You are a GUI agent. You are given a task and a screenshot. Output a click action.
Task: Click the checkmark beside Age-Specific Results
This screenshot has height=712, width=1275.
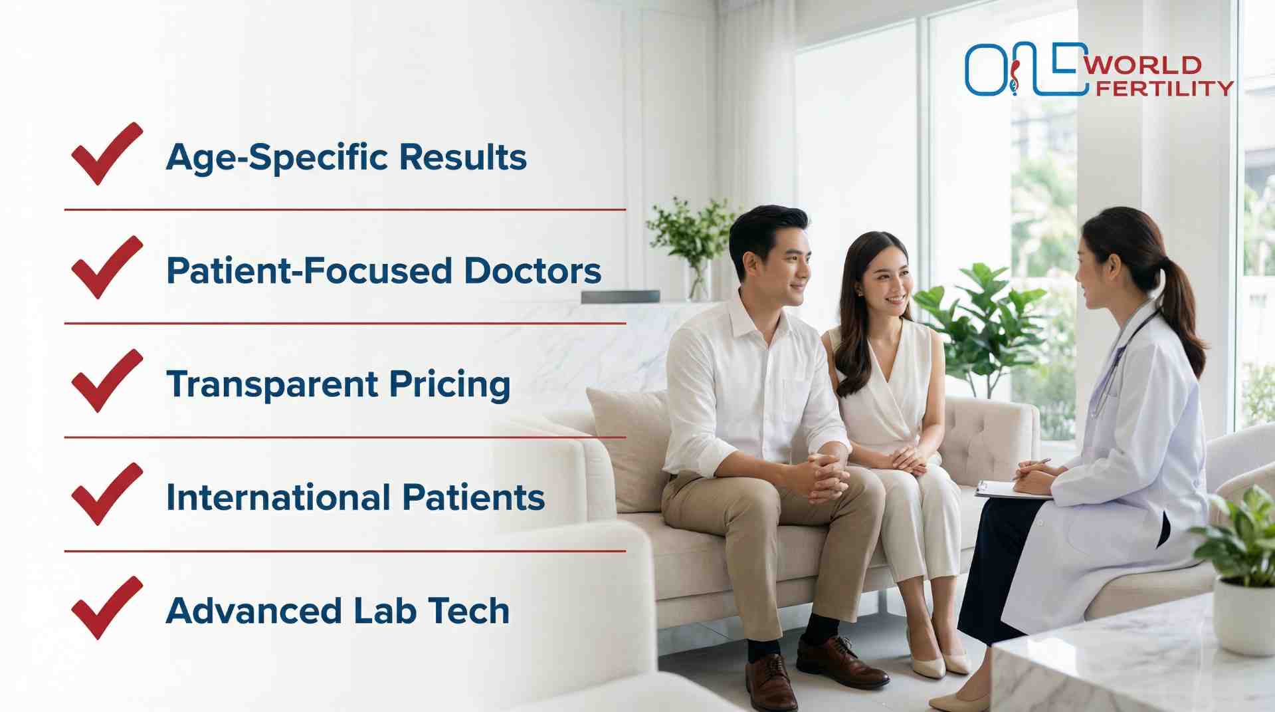tap(106, 154)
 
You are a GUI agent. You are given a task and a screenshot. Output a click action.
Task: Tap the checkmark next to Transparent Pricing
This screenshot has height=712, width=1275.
tap(106, 381)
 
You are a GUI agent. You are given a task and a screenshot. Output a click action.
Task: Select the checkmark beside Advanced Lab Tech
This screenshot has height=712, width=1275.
tap(106, 608)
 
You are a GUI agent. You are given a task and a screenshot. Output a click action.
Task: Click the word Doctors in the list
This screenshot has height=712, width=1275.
tap(532, 271)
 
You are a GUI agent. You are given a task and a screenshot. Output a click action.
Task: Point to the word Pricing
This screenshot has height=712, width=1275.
tap(449, 385)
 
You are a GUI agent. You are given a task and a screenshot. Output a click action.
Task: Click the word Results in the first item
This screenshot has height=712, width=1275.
tap(462, 157)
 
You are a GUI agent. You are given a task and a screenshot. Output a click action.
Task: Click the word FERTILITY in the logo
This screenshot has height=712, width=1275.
tap(1164, 88)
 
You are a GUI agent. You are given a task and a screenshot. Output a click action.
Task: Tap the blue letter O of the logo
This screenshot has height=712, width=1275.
tap(986, 70)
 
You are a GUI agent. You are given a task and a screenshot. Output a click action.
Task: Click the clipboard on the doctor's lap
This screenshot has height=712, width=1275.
tap(1010, 491)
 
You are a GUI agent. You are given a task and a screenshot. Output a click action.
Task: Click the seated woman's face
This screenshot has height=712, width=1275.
tap(888, 279)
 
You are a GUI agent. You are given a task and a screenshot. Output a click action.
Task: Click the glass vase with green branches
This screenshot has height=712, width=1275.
tap(698, 279)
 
